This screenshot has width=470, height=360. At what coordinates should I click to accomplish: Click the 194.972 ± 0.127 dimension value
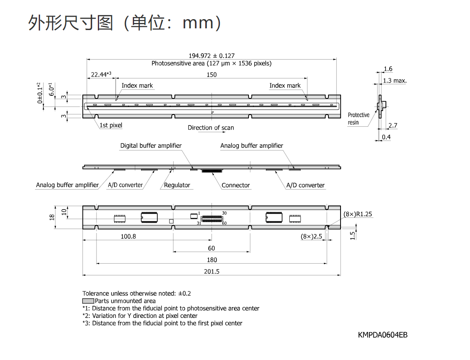[x=211, y=56]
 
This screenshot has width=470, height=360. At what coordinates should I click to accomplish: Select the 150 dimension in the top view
[x=211, y=75]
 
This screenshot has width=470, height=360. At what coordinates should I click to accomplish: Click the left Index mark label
[x=137, y=85]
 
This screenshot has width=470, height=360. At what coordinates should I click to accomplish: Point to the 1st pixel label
[x=111, y=125]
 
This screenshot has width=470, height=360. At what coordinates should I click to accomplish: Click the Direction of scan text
[x=211, y=127]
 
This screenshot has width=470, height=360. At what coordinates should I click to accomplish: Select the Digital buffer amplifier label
[x=151, y=145]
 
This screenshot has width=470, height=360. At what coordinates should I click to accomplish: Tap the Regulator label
[x=177, y=185]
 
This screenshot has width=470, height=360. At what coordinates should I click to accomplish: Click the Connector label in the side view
[x=236, y=185]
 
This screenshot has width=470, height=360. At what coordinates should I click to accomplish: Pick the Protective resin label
[x=358, y=118]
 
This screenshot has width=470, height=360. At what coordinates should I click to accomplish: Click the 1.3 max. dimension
[x=395, y=80]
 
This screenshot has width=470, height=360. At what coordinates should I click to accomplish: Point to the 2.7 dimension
[x=393, y=125]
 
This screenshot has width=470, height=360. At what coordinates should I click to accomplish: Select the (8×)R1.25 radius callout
[x=358, y=214]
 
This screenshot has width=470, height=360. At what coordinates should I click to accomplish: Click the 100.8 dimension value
[x=128, y=236]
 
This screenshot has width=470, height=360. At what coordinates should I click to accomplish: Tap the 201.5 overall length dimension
[x=211, y=272]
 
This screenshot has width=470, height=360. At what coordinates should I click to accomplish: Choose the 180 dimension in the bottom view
[x=211, y=260]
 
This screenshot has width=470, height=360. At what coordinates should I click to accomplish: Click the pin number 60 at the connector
[x=224, y=223]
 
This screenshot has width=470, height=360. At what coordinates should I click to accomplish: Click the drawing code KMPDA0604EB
[x=383, y=335]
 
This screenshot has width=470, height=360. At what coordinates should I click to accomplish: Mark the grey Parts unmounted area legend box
[x=88, y=301]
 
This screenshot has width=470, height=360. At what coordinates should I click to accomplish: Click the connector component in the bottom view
[x=211, y=219]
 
